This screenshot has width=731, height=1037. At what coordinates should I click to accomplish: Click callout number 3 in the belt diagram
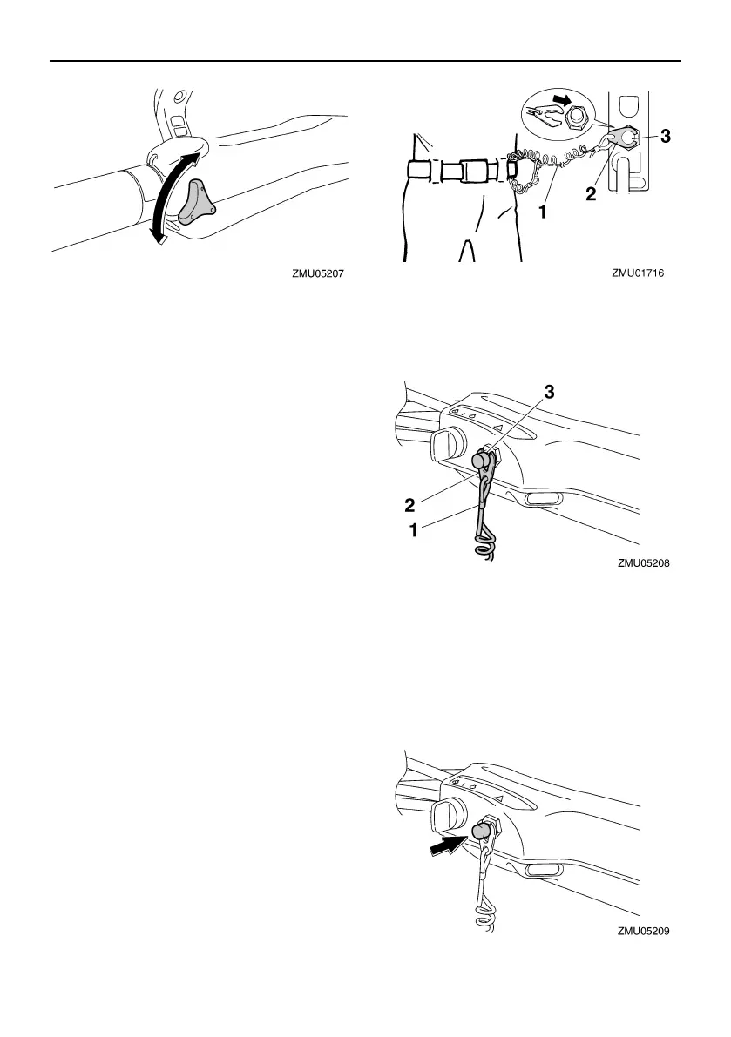click(x=667, y=137)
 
